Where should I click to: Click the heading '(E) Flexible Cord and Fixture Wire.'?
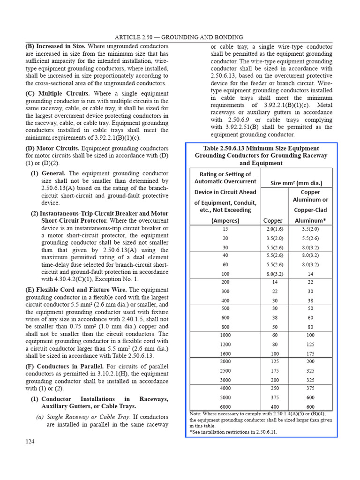point(75,290)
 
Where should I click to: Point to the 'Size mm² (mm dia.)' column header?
point(296,183)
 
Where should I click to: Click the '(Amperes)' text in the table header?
point(225,220)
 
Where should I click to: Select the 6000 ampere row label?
point(225,406)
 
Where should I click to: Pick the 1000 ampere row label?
point(225,335)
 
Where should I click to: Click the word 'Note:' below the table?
point(196,414)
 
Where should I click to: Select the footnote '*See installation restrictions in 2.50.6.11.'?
point(233,431)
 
